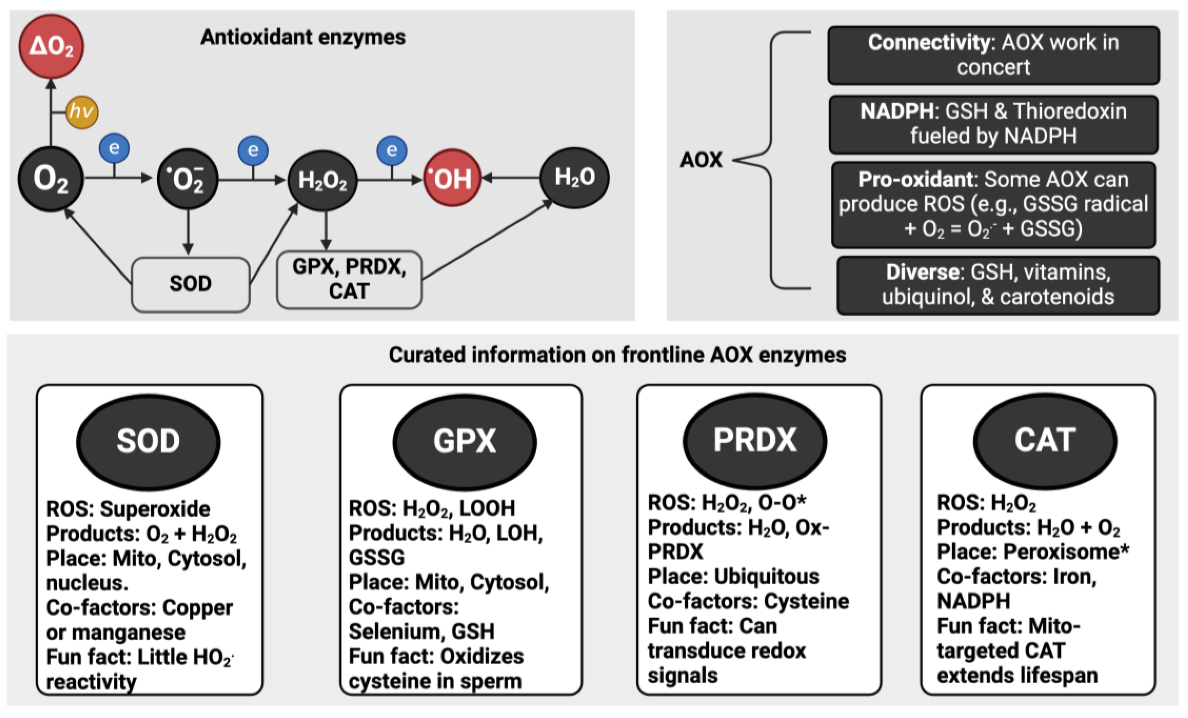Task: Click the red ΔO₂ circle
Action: point(51,46)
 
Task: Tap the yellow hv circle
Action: point(81,112)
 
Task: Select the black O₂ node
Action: point(51,179)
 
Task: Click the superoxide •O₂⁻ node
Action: point(188,179)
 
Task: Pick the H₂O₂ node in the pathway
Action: point(322,180)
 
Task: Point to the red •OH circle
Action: point(452,179)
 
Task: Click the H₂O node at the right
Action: point(574,177)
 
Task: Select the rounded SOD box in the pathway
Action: point(190,284)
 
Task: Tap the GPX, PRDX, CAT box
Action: point(349,279)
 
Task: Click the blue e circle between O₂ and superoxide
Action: point(114,148)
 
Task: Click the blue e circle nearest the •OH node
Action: point(391,150)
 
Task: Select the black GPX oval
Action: point(464,441)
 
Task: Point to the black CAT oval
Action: point(1045,440)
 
